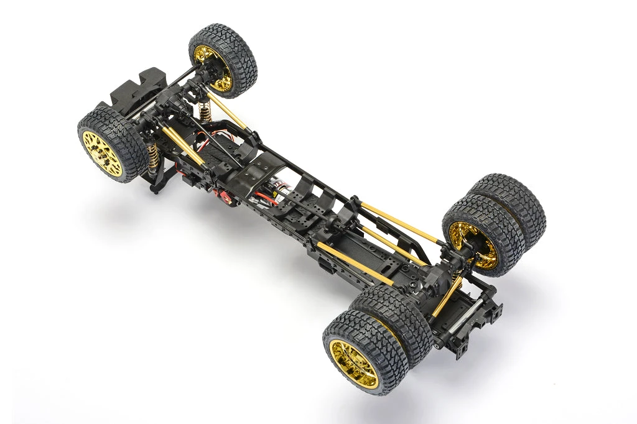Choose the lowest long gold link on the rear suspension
click(x=355, y=264)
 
